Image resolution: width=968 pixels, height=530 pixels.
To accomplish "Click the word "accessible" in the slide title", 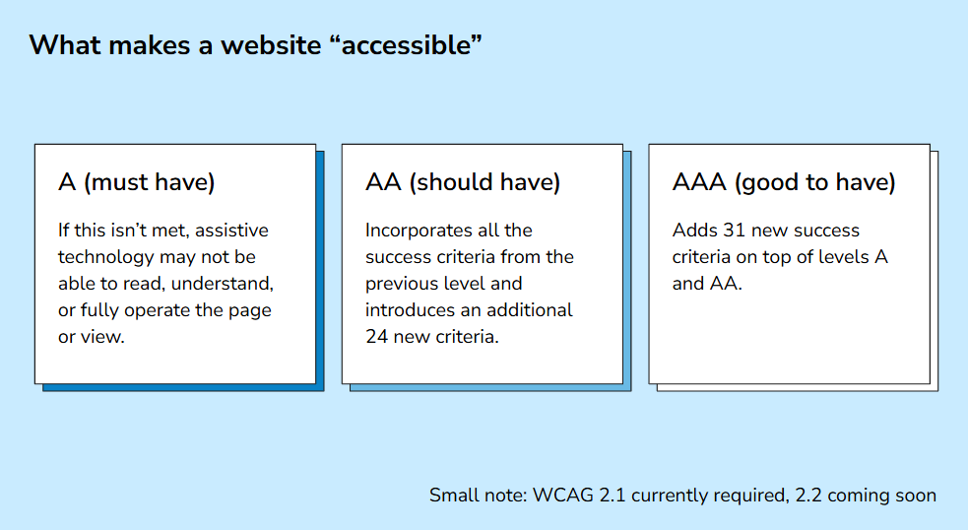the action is tap(407, 45).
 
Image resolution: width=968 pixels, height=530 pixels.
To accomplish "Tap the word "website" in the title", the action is tap(271, 45).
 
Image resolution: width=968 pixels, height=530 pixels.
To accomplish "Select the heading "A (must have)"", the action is tap(137, 182).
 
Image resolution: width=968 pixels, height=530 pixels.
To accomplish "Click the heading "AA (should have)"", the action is tap(463, 182).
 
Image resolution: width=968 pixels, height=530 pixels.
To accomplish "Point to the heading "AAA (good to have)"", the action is tap(784, 182).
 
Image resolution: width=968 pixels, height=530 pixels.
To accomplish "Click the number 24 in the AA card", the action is tap(376, 337).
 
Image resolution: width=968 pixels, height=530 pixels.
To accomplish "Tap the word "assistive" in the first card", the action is tap(231, 231).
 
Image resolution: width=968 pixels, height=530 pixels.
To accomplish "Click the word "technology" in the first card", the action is tap(105, 257).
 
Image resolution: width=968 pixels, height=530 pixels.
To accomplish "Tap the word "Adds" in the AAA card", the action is tap(694, 231).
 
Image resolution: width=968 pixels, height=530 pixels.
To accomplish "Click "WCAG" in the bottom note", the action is tap(562, 496).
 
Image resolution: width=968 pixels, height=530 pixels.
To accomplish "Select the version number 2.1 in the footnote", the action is tap(612, 496).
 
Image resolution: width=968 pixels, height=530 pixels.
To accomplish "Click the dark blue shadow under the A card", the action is tap(183, 387).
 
